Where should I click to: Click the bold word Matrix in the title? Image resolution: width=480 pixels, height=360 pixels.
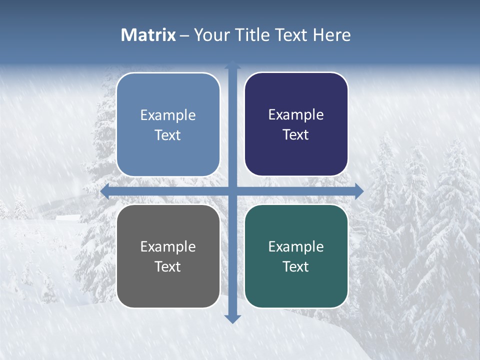point(148,35)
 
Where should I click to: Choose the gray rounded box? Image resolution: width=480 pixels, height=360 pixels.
point(168,290)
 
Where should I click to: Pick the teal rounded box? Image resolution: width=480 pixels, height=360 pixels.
point(296,290)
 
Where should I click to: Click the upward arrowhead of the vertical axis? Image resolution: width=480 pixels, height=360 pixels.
point(232,64)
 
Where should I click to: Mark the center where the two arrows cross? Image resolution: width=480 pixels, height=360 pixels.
point(232,191)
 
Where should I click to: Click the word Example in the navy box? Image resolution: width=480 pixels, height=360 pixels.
point(296,115)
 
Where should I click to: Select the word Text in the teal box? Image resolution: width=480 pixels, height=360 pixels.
point(296,267)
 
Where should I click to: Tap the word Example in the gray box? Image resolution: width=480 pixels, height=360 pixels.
point(168,246)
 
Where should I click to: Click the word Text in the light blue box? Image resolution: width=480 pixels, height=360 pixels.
point(168,135)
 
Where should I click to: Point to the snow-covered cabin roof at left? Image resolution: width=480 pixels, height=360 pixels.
point(68,217)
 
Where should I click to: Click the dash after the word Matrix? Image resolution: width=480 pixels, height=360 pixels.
point(184,35)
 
